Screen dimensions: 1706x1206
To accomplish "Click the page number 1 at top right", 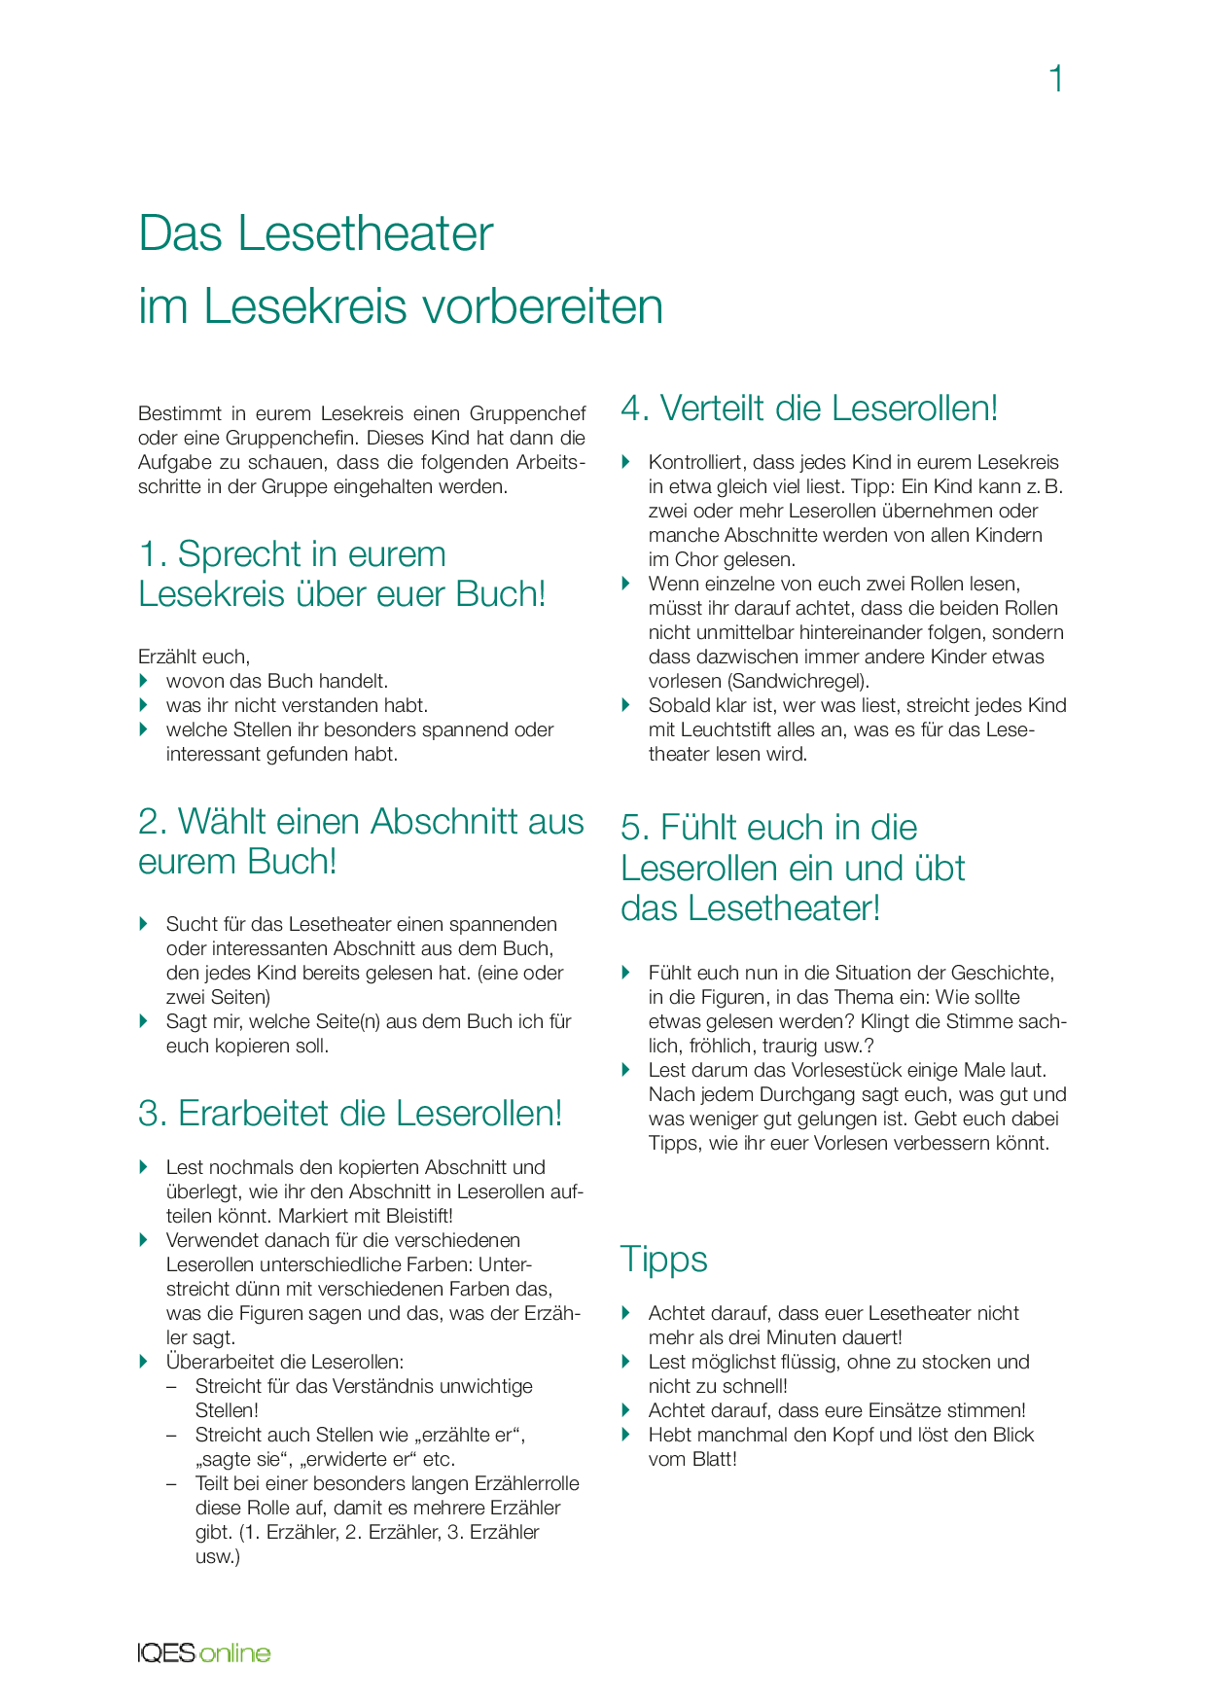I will pos(1056,79).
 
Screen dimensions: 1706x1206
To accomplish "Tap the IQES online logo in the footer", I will pos(204,1653).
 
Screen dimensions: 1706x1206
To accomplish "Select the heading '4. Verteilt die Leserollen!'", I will pos(809,408).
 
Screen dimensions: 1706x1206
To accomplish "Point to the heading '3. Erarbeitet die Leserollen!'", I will pos(350,1114).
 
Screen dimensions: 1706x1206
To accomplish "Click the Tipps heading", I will pos(663,1259).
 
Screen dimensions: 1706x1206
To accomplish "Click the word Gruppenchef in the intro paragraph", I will pos(528,413).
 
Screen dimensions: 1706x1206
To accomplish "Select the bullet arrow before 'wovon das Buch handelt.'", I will pos(145,681).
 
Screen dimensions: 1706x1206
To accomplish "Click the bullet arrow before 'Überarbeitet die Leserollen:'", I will pos(145,1362).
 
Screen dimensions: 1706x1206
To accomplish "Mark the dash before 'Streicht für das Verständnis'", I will pos(172,1386).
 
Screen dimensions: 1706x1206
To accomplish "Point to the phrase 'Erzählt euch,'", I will pos(194,657).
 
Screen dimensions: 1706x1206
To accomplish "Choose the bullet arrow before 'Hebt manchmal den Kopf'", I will pos(627,1435).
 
